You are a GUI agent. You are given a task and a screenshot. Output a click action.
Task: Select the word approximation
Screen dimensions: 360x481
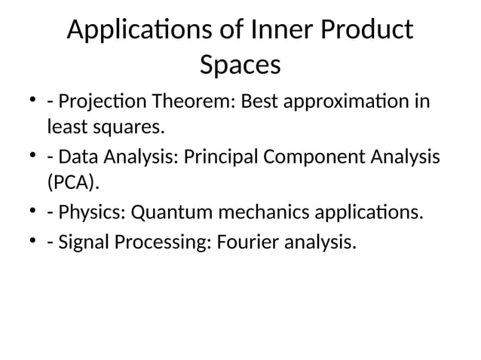(348, 100)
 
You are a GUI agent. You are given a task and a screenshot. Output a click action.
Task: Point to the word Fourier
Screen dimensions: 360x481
(240, 243)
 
